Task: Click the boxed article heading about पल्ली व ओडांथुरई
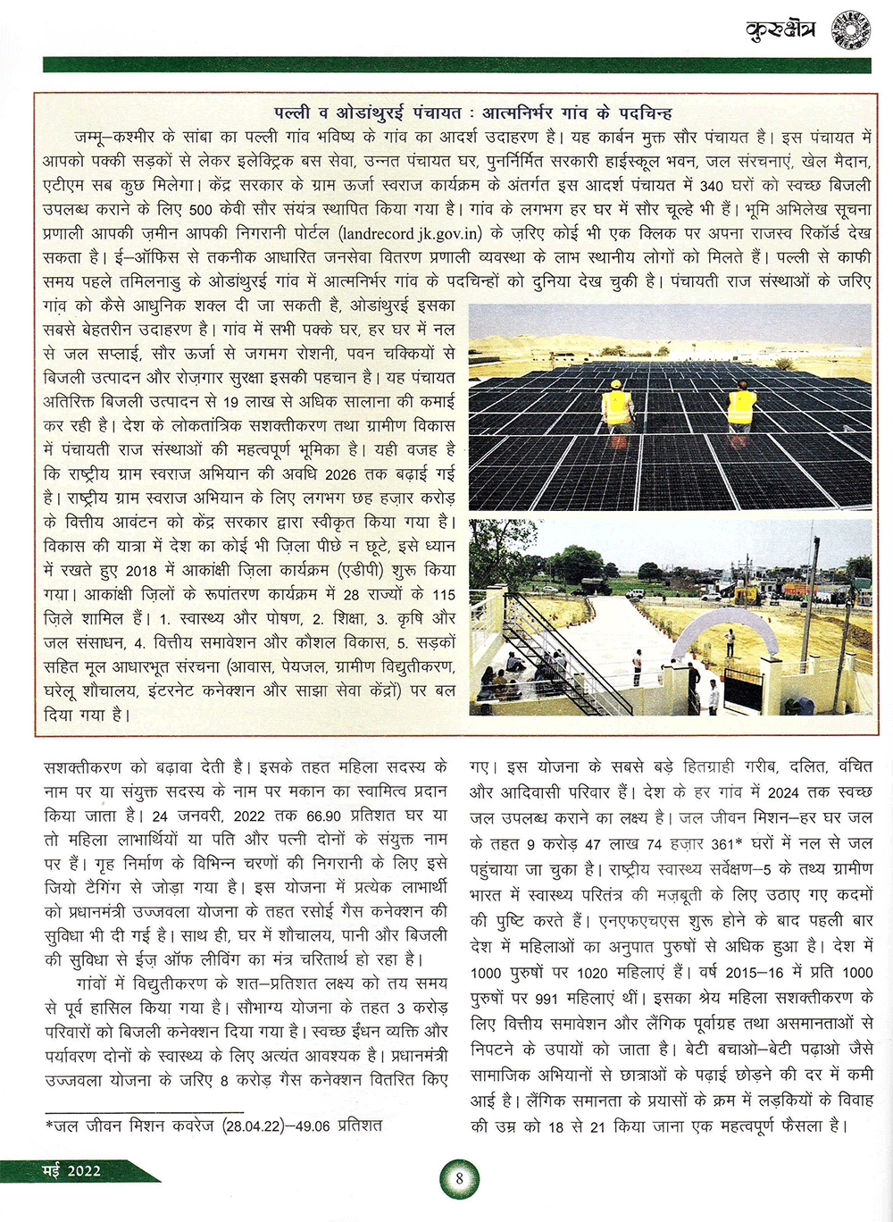coord(473,113)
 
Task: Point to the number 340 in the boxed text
coord(712,187)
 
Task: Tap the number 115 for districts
coord(443,595)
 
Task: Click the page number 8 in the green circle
coord(459,1177)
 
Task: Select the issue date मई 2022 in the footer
coord(72,1171)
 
